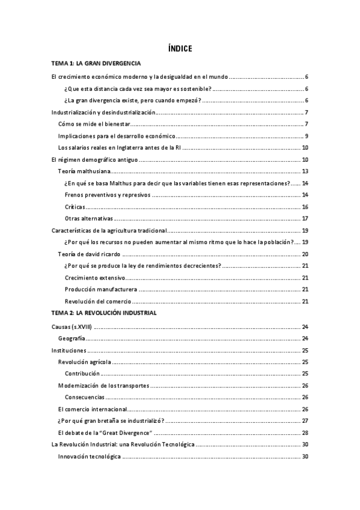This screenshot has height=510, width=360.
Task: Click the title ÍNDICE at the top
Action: click(180, 49)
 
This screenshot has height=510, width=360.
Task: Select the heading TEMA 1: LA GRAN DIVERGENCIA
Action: click(97, 63)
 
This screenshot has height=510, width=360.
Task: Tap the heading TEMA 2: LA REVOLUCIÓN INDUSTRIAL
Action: click(105, 313)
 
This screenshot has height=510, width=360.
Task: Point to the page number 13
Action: click(305, 171)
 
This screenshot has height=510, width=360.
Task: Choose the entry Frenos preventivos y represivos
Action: click(106, 195)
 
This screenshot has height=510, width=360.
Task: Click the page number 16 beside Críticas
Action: click(305, 206)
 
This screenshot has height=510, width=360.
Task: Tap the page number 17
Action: click(305, 218)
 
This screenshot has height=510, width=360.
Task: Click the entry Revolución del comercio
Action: click(97, 301)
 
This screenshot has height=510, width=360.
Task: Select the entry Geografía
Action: click(72, 338)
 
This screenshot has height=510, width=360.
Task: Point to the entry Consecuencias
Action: click(85, 397)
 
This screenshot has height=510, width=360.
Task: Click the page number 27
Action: click(305, 421)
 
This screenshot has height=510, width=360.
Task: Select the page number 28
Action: click(305, 433)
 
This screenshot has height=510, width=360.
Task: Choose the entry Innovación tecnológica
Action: click(90, 456)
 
